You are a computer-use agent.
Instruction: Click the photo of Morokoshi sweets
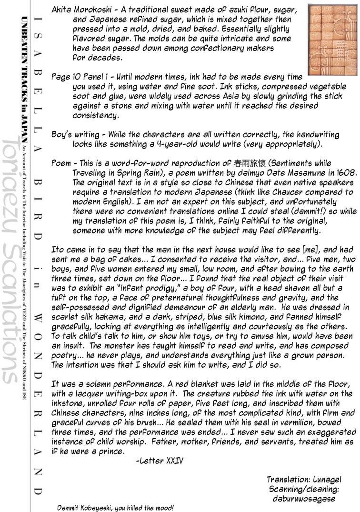[x=331, y=39]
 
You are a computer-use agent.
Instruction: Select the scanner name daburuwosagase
[x=311, y=499]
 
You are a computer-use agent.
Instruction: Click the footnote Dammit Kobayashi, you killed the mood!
[x=116, y=508]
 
